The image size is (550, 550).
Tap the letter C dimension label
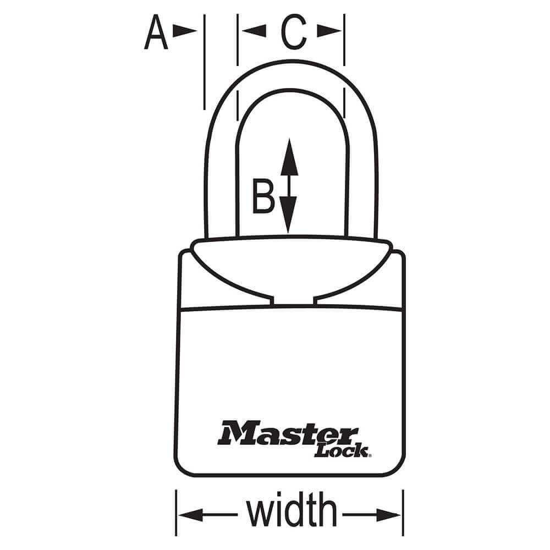tap(294, 32)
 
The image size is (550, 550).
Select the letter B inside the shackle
tap(263, 196)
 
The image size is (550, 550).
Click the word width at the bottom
tap(291, 509)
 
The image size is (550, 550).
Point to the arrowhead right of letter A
tap(184, 31)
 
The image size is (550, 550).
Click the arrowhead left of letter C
tap(254, 31)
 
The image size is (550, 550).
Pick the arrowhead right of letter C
tap(329, 31)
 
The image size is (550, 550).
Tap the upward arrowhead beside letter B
tap(289, 157)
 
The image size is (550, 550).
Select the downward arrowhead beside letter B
tap(288, 215)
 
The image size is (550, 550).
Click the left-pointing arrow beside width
tap(208, 515)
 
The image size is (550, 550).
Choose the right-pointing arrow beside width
tap(371, 515)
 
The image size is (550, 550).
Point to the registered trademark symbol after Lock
tap(370, 455)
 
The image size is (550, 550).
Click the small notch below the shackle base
tap(294, 301)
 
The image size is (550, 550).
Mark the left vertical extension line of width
tap(176, 513)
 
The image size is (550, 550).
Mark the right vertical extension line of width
tap(403, 513)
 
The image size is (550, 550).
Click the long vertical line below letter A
tap(205, 62)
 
